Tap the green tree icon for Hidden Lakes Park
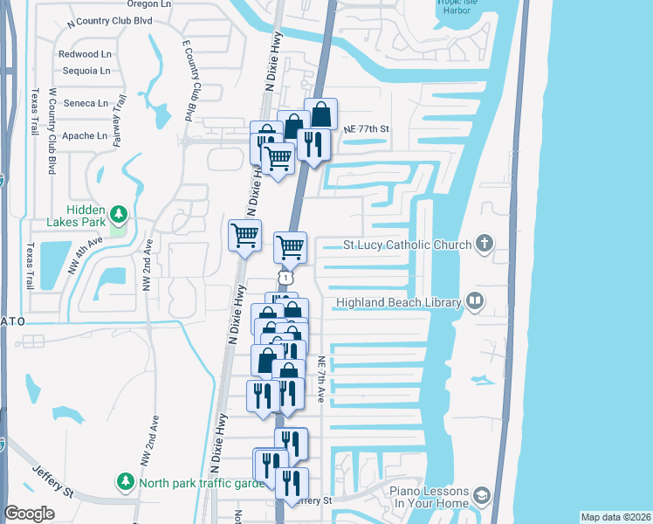[x=119, y=213]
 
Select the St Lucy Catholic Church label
[x=408, y=245]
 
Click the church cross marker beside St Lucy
[x=485, y=245]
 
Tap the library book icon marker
[x=475, y=302]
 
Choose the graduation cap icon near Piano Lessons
[x=482, y=497]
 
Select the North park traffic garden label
[x=201, y=482]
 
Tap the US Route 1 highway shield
[x=285, y=276]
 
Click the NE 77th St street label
[x=365, y=129]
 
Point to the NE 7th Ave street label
[x=321, y=379]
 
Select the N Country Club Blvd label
[x=108, y=20]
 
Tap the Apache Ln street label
[x=85, y=135]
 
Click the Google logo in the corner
[x=29, y=514]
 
